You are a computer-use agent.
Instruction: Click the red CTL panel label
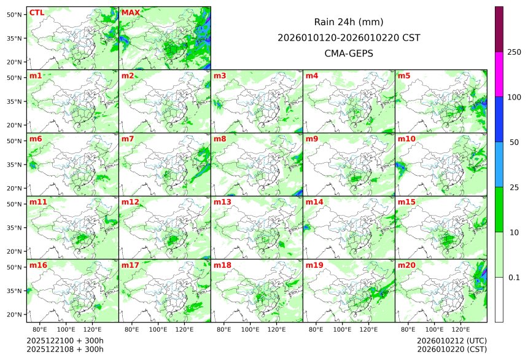tap(36, 13)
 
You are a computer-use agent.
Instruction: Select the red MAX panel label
tap(130, 13)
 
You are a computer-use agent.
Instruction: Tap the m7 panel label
tap(128, 139)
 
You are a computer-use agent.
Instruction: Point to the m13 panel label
tap(222, 202)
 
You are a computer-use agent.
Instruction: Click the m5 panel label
tap(404, 76)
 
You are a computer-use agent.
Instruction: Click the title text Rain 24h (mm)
tap(349, 22)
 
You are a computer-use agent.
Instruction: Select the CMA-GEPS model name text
tap(349, 53)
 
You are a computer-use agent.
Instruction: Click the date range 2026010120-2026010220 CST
tap(349, 37)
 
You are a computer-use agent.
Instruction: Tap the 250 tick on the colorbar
tap(514, 52)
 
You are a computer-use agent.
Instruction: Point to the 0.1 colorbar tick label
tap(514, 278)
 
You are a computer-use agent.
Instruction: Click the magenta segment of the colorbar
tap(499, 74)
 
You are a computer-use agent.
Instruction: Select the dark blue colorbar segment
tap(499, 119)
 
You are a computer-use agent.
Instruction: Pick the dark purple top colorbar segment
tap(499, 29)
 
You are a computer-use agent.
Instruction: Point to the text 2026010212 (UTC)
tap(451, 340)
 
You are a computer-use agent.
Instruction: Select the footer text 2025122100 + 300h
tap(65, 340)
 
